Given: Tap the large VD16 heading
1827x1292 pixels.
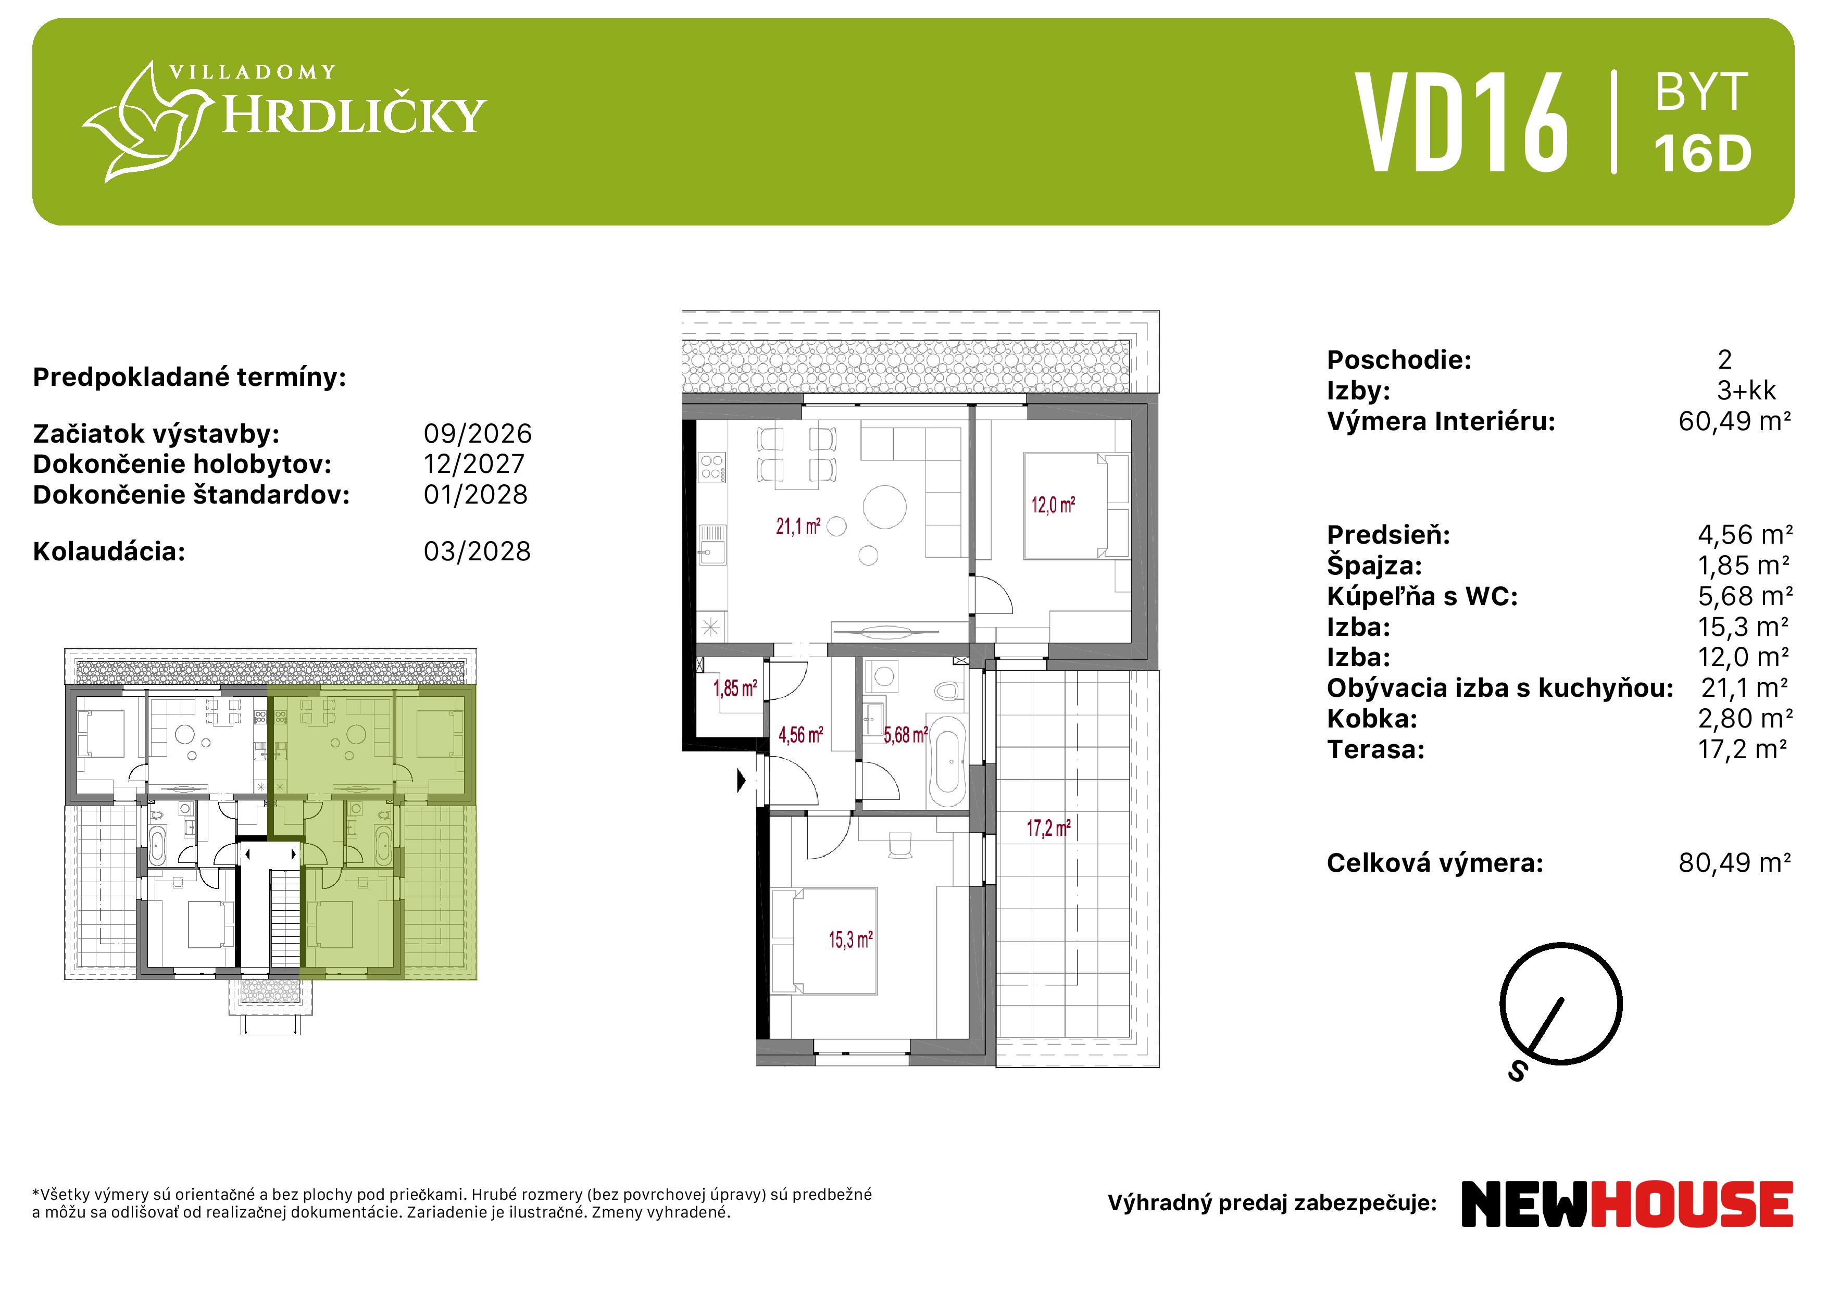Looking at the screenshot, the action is point(1462,122).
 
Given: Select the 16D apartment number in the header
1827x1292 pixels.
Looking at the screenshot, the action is point(1703,154).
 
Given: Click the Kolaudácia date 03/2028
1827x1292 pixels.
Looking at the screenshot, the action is point(477,551).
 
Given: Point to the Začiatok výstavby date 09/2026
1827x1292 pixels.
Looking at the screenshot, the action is point(478,434).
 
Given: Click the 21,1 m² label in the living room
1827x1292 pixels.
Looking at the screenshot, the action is point(798,526).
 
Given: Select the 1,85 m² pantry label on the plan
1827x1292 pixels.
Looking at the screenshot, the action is point(734,688).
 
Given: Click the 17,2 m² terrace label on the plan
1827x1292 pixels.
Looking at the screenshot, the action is point(1048,828).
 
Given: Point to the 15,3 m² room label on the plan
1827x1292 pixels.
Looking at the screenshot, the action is point(850,939).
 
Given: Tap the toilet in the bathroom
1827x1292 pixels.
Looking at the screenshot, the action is point(947,689).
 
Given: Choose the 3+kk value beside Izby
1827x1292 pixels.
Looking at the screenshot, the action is point(1747,391).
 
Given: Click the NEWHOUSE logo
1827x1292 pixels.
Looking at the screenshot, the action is point(1628,1203).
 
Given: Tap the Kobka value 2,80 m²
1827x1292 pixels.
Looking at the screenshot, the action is point(1745,719).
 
